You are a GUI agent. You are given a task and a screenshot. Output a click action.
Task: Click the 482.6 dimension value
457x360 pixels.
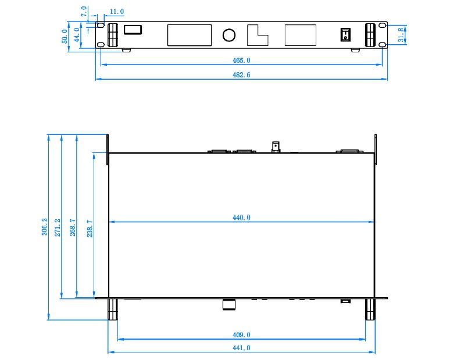241,75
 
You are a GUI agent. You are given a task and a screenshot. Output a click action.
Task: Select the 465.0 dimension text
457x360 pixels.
241,60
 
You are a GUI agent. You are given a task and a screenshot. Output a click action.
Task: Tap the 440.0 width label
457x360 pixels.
241,218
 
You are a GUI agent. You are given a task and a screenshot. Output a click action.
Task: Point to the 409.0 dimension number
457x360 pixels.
241,334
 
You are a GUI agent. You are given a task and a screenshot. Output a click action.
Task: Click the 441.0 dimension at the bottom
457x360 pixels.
241,348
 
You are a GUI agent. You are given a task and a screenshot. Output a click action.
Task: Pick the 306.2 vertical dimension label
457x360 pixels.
44,226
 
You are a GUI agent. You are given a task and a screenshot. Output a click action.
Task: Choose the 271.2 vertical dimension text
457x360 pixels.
58,227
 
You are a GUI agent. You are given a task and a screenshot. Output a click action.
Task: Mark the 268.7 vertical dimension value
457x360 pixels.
72,227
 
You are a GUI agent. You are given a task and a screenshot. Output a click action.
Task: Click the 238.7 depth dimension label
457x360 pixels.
90,229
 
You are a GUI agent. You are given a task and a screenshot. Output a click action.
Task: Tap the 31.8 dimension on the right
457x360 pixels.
401,35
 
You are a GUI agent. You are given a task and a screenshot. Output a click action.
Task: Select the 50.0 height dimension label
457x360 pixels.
65,36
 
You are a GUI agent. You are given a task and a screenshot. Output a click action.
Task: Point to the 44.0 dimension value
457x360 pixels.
77,35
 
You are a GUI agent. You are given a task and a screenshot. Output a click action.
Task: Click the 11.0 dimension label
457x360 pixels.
117,12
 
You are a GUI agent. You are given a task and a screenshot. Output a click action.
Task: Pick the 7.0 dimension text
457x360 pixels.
84,11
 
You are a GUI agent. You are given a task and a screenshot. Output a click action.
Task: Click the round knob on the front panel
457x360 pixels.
229,35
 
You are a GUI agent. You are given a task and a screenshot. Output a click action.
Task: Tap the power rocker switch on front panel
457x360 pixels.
345,34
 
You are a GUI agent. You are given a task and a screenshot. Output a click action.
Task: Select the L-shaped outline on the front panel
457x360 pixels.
258,35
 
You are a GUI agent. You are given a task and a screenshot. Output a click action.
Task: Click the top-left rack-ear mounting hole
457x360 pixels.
100,26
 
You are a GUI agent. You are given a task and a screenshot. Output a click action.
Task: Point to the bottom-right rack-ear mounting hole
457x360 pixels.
383,45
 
